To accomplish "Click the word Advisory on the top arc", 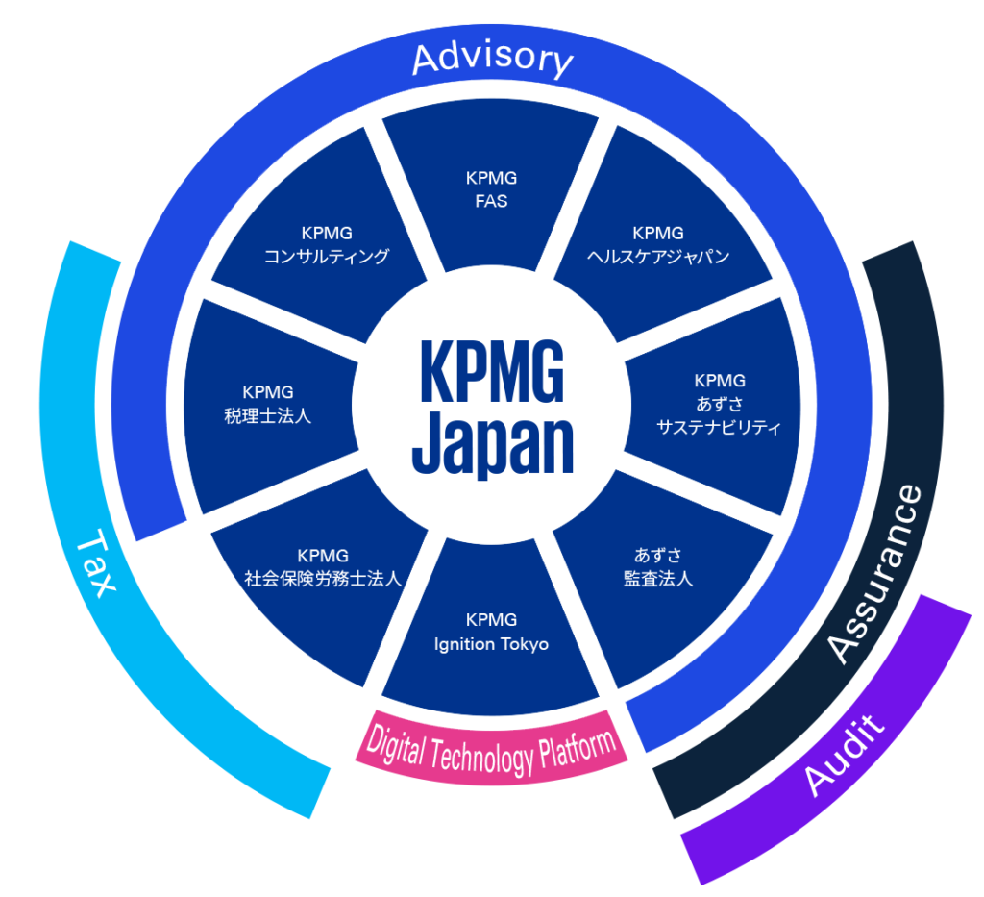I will pos(492,59).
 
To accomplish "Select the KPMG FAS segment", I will pos(491,189).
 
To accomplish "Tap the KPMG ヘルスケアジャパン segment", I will pos(658,244).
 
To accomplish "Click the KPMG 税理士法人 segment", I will pos(268,404).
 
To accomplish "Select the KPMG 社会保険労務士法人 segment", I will pos(322,567).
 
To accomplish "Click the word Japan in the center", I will pos(492,447).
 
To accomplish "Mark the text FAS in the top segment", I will pos(491,202).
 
